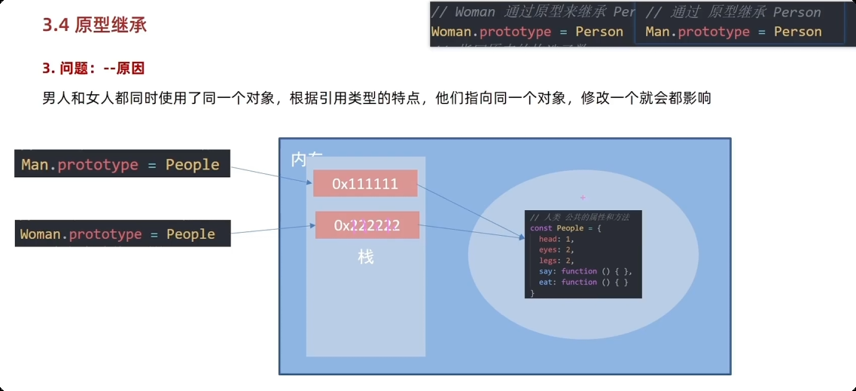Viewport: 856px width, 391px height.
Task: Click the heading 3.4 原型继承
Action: (94, 25)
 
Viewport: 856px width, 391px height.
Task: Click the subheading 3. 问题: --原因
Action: (93, 69)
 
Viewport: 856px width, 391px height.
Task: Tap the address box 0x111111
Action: (365, 184)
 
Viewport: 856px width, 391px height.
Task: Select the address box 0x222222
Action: (367, 225)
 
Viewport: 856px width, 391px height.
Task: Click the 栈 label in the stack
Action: (366, 257)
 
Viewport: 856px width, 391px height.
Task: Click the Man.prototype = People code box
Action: (121, 164)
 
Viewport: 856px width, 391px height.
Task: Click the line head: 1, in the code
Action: (556, 239)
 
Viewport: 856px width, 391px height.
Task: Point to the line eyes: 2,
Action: (556, 249)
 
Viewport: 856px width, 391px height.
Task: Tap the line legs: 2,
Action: (556, 261)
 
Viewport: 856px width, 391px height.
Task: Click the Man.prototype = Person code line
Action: (733, 32)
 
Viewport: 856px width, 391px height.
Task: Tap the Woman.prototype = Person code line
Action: (527, 32)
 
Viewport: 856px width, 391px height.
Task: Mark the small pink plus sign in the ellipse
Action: (583, 197)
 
